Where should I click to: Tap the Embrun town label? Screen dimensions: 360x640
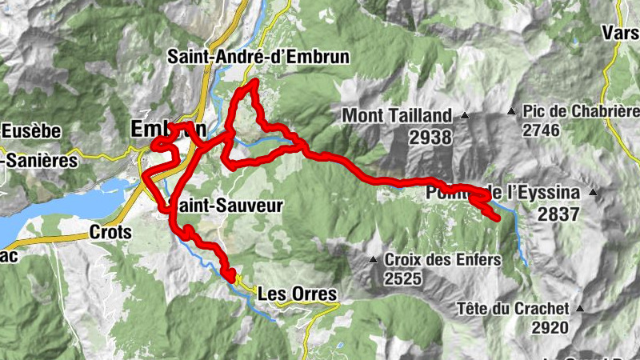[168, 128]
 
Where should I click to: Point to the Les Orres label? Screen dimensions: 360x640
[298, 294]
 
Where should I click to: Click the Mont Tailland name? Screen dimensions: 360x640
[398, 115]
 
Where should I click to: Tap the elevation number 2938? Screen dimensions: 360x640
[430, 138]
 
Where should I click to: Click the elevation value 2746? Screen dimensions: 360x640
[542, 129]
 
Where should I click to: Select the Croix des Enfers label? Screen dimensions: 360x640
[442, 259]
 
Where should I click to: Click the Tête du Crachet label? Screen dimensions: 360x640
[514, 308]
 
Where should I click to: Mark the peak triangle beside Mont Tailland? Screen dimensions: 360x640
[463, 115]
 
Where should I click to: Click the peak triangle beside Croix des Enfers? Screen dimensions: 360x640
[374, 259]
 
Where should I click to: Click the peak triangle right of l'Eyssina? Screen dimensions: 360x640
[593, 192]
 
